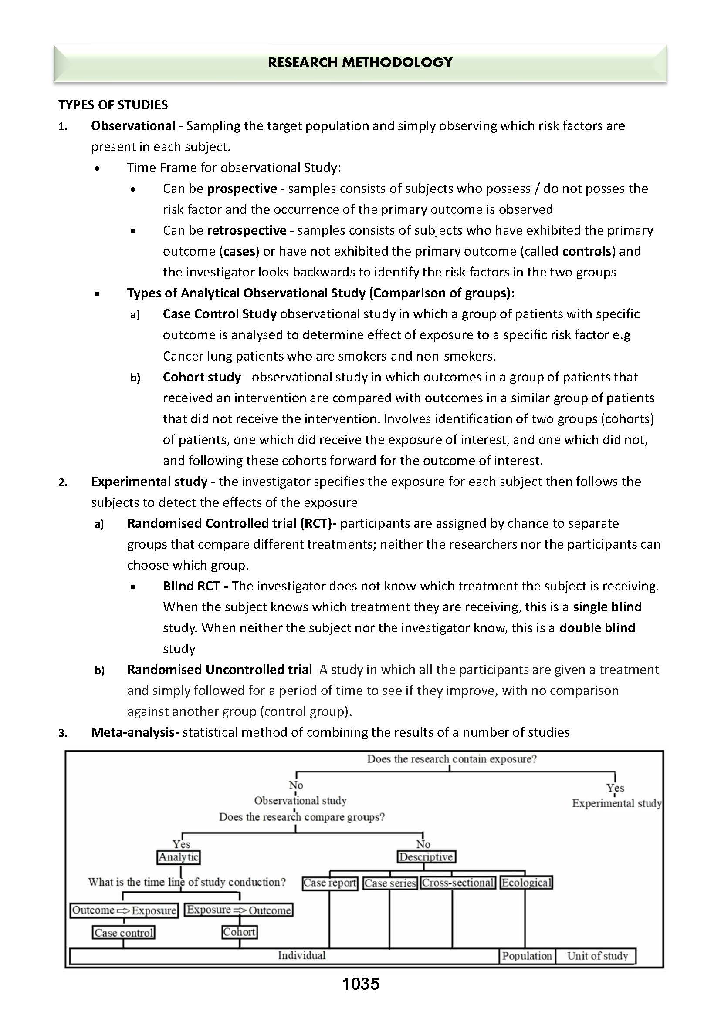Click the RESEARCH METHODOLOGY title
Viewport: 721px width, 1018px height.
coord(360,63)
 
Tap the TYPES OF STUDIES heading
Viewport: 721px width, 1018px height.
coord(113,105)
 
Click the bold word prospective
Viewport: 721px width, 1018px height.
coord(242,189)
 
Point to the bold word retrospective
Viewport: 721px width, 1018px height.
coord(247,230)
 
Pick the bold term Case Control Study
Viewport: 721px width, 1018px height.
coord(220,314)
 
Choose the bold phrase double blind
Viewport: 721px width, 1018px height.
coord(597,627)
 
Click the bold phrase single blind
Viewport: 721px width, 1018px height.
coord(607,607)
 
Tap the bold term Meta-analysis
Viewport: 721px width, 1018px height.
coord(135,732)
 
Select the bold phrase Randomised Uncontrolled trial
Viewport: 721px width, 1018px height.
coord(219,670)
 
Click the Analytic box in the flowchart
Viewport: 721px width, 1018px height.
coord(179,857)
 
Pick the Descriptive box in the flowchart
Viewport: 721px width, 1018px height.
coord(426,857)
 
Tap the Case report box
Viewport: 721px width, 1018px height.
coord(329,883)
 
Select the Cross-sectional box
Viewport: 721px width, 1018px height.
coord(458,883)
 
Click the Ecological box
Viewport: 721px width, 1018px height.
coord(526,883)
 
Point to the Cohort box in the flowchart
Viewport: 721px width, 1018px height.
coord(239,932)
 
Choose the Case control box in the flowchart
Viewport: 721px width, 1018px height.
coord(124,933)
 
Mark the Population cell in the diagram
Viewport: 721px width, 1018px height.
coord(527,956)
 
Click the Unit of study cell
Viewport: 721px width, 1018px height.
coord(597,956)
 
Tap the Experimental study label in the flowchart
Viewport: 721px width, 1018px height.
coord(616,803)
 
